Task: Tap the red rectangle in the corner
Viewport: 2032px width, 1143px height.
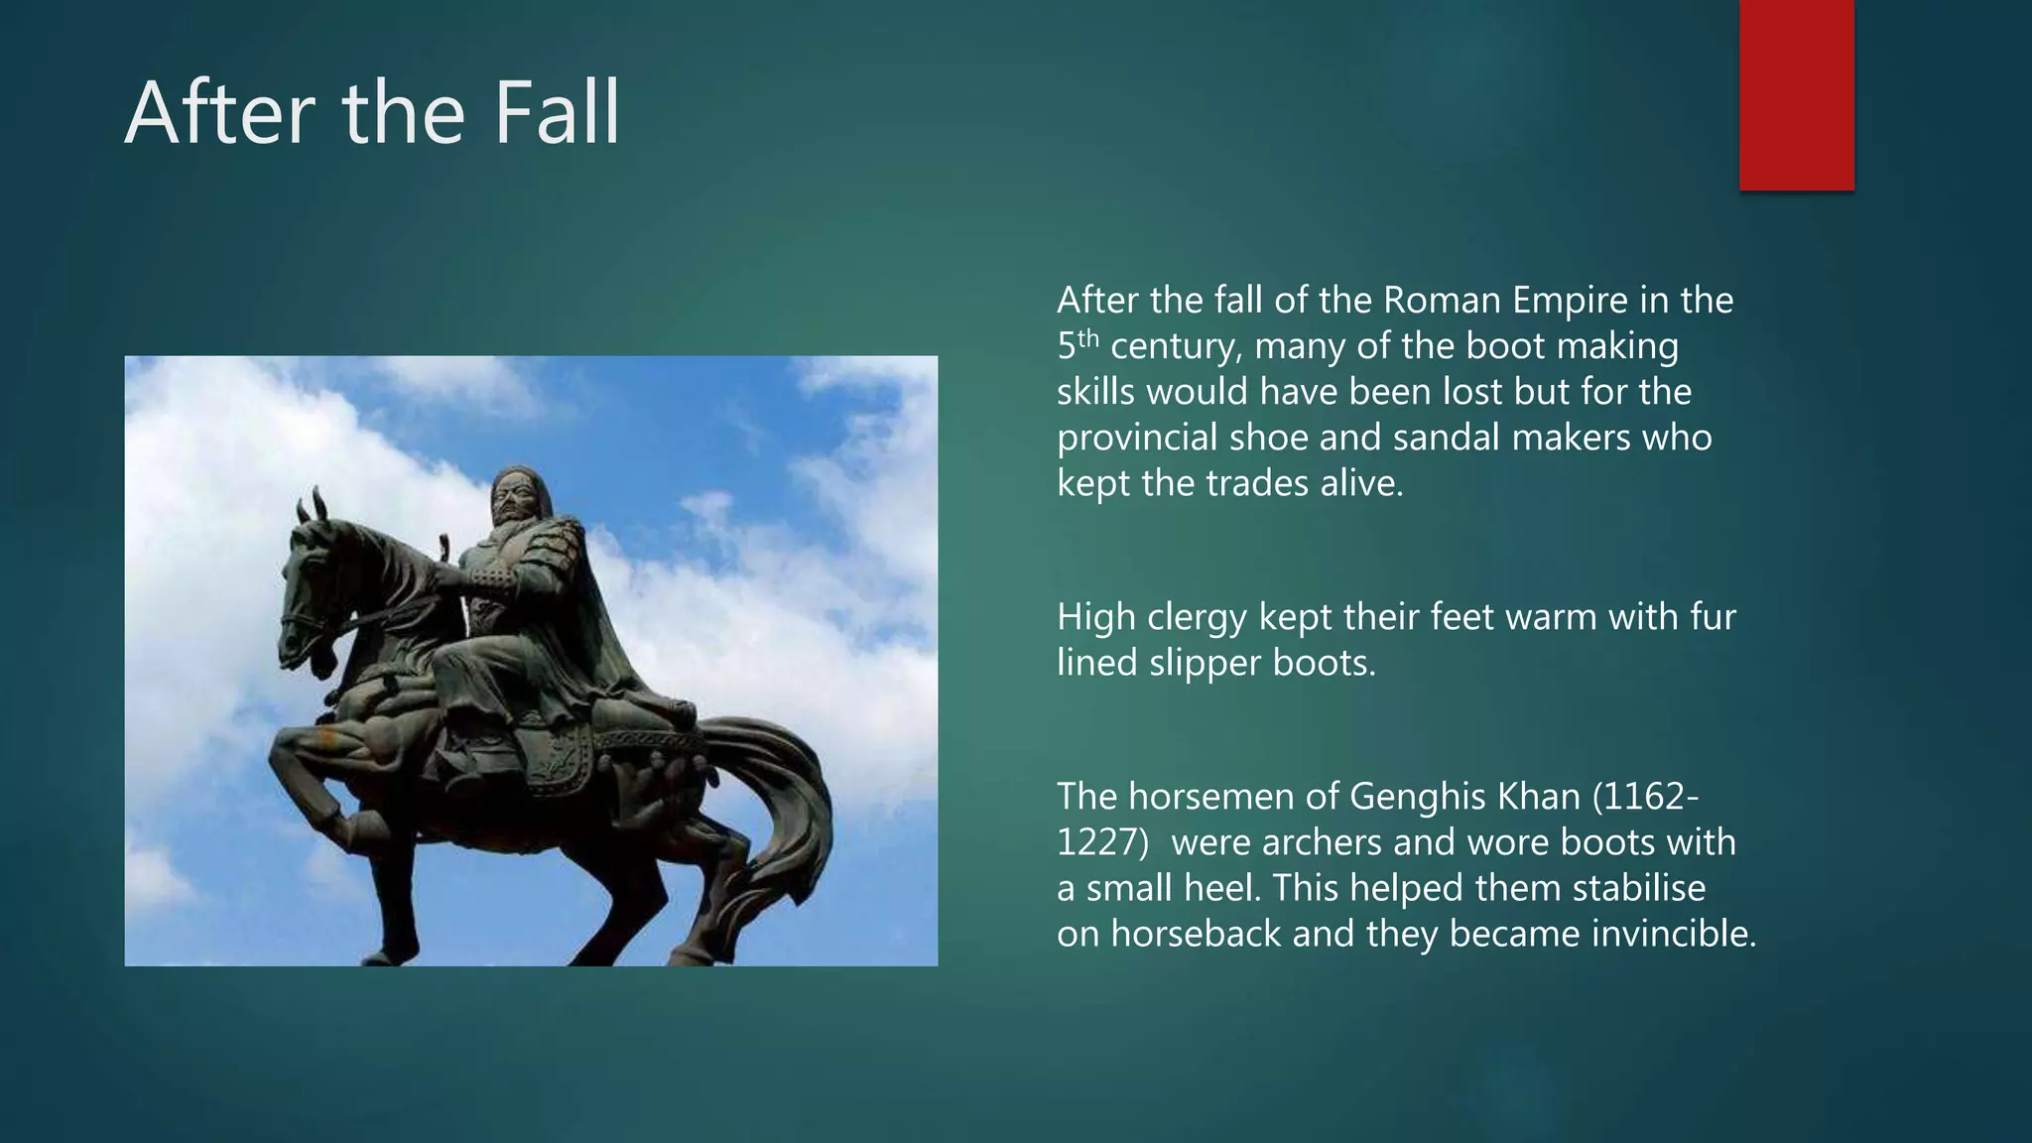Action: point(1796,94)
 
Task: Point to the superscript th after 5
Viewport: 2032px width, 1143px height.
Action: point(1089,337)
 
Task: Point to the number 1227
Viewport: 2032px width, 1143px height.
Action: point(1096,842)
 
